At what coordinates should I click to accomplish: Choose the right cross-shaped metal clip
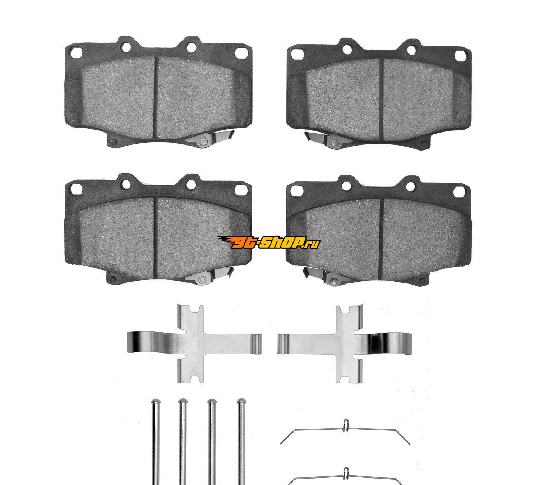pos(347,344)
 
